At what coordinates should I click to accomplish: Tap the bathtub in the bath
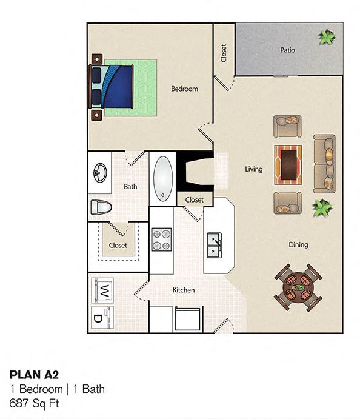pyautogui.click(x=163, y=178)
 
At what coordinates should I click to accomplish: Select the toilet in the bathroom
pyautogui.click(x=100, y=207)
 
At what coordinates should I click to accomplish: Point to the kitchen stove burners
pyautogui.click(x=162, y=239)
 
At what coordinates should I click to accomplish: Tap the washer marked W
pyautogui.click(x=102, y=289)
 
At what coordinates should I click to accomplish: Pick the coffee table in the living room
pyautogui.click(x=288, y=164)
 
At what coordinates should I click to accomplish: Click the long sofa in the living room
pyautogui.click(x=324, y=164)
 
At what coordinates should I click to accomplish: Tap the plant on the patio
pyautogui.click(x=327, y=38)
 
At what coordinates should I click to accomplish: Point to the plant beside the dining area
pyautogui.click(x=322, y=208)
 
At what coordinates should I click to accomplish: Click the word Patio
pyautogui.click(x=287, y=50)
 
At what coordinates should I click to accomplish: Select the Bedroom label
pyautogui.click(x=184, y=89)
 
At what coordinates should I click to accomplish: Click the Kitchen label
pyautogui.click(x=184, y=290)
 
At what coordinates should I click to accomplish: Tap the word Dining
pyautogui.click(x=298, y=244)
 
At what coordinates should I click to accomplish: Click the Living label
pyautogui.click(x=253, y=169)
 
